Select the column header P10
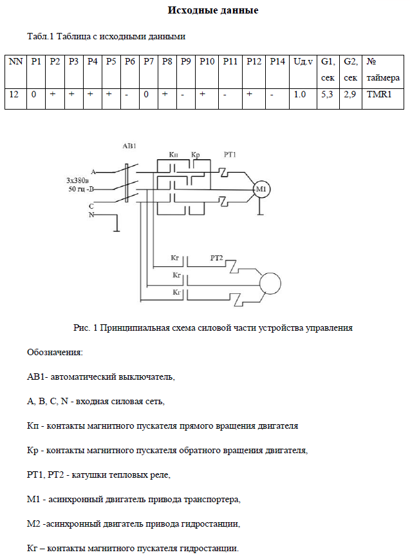(x=207, y=61)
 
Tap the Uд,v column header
(x=303, y=61)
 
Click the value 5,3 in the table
(x=327, y=94)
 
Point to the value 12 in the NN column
(x=14, y=94)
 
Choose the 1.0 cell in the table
(x=299, y=94)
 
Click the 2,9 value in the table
(x=350, y=94)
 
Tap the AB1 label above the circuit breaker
(x=129, y=147)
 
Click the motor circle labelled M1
(x=260, y=189)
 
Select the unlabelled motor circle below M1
(x=270, y=280)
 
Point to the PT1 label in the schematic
(x=230, y=155)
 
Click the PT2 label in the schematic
(x=217, y=258)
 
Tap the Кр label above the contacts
(x=196, y=155)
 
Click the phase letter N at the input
(x=91, y=215)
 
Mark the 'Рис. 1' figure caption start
(x=84, y=328)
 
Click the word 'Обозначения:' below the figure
(x=55, y=353)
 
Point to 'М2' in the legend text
(x=33, y=524)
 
